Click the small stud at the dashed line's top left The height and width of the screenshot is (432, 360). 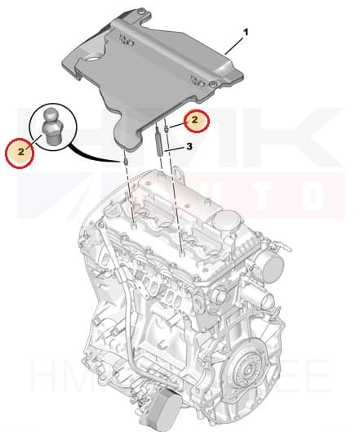[x=125, y=161]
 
